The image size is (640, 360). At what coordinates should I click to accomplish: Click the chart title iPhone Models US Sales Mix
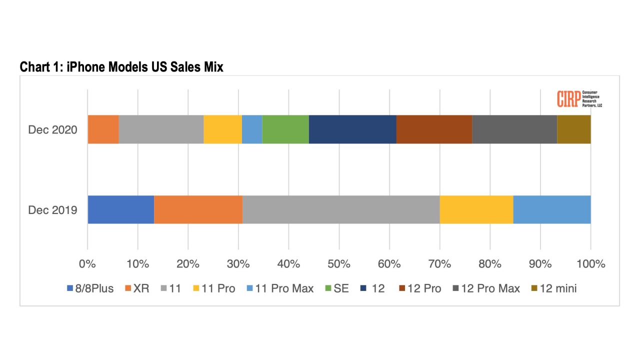coord(121,67)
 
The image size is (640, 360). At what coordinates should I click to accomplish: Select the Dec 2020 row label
coord(52,130)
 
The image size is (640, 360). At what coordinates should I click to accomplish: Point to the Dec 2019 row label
coord(52,210)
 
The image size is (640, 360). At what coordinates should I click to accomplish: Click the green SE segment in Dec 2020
coord(285,129)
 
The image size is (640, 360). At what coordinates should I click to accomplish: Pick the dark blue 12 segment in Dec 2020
coord(352,129)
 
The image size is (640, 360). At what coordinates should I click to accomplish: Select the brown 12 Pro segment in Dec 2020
coord(434,129)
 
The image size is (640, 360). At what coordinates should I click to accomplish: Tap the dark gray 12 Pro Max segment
coord(514,129)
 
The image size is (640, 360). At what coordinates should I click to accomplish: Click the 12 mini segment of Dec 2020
coord(574,129)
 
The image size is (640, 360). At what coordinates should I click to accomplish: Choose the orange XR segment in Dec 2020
coord(103,129)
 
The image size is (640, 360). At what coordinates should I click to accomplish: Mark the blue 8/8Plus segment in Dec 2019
coord(120,209)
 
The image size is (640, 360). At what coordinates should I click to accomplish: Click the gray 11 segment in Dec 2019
coord(341,209)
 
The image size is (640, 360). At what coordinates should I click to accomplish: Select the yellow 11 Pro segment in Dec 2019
coord(476,209)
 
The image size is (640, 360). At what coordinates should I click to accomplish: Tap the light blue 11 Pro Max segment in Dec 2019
coord(552,209)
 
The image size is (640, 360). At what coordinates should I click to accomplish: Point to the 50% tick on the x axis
coord(339,264)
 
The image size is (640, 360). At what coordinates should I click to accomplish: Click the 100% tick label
coord(590,264)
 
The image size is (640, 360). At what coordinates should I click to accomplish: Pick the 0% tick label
coord(87,264)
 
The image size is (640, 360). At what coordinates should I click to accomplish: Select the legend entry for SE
coord(337,288)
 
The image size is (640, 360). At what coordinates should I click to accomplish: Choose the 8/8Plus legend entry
coord(90,288)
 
